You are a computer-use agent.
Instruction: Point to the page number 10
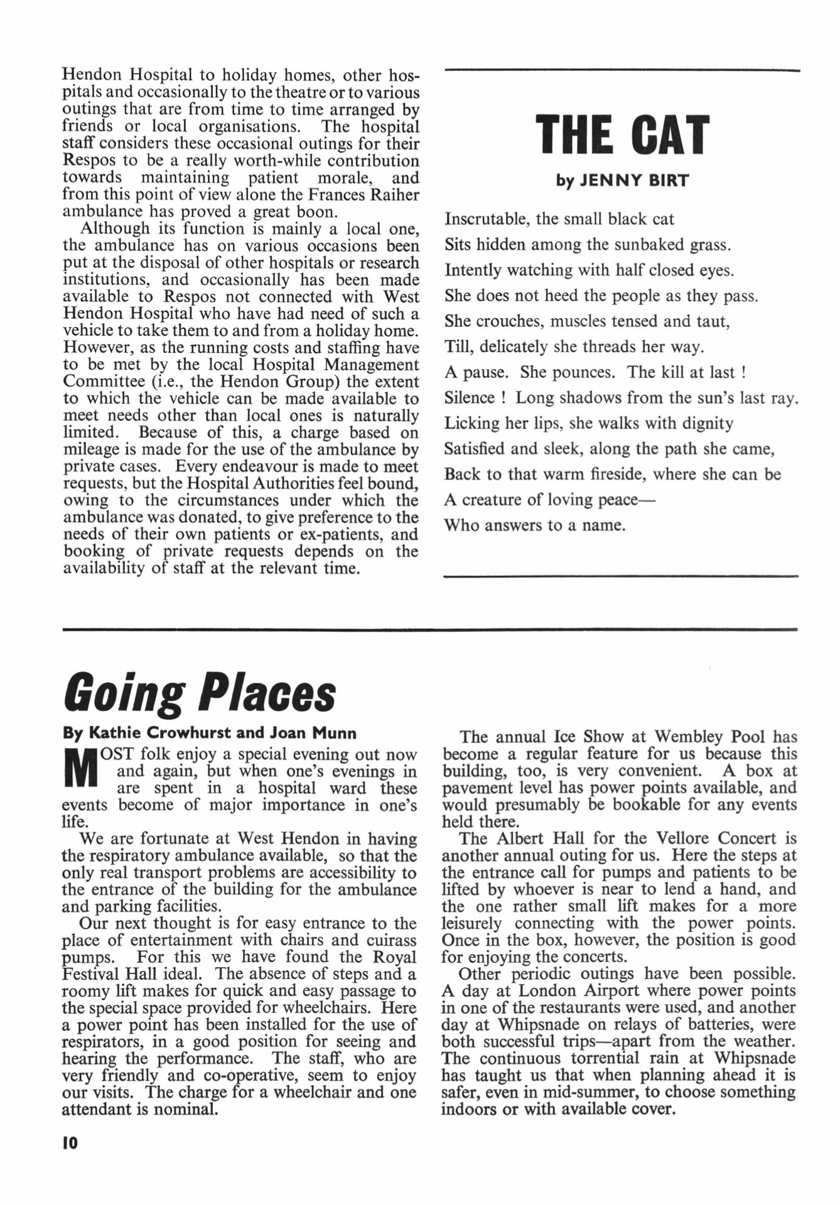click(70, 1143)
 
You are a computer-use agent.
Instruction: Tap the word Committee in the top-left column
click(102, 382)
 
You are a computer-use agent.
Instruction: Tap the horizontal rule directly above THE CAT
click(622, 70)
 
